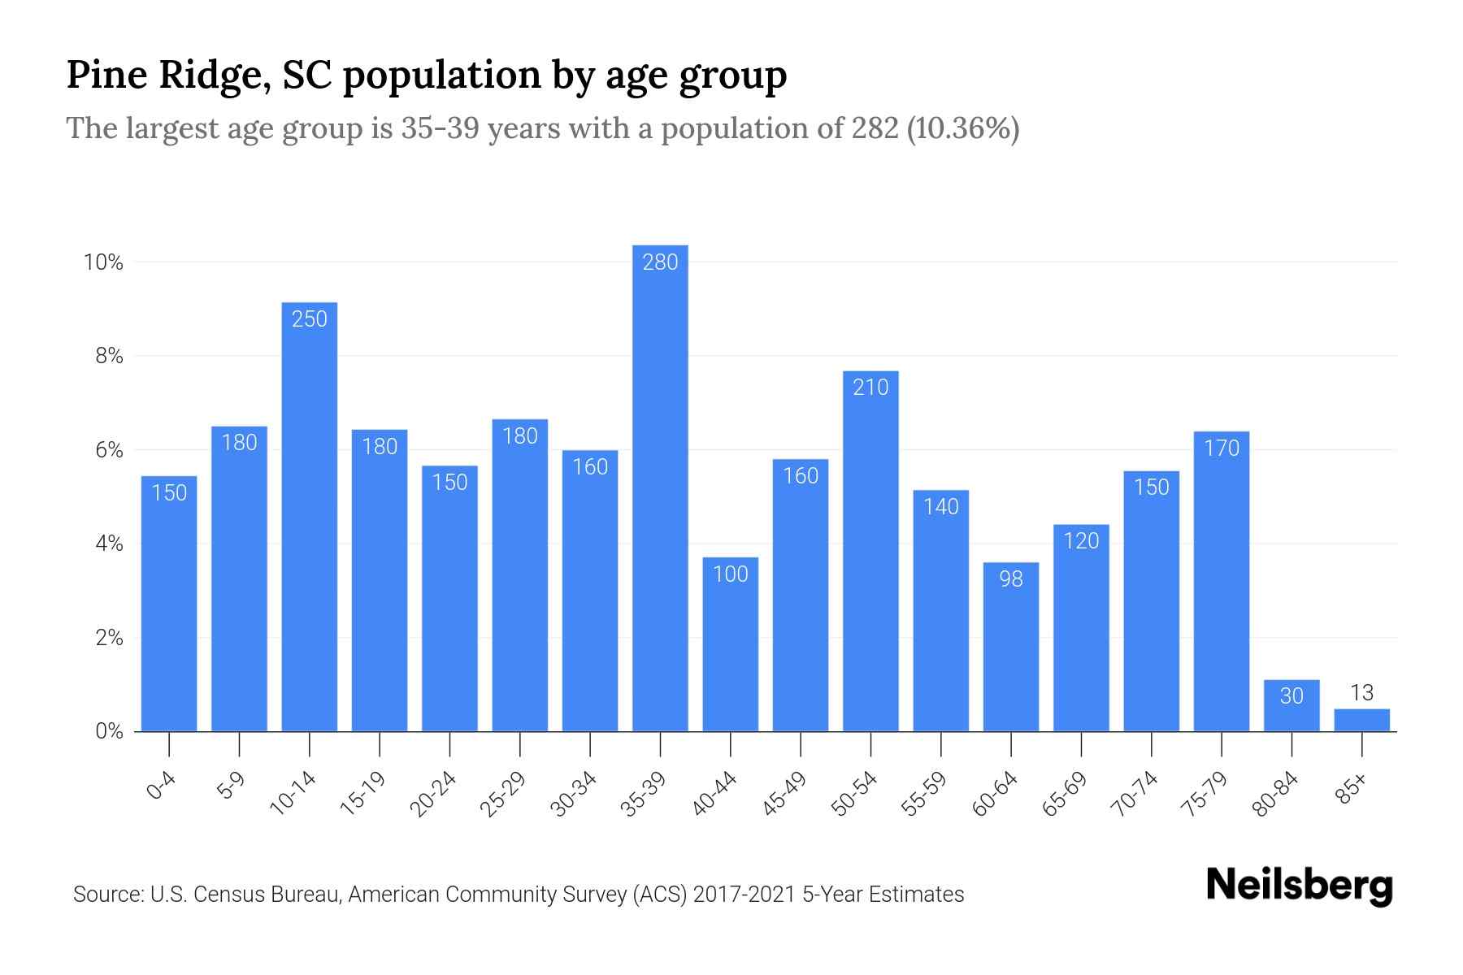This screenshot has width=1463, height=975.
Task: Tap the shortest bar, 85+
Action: pos(1361,721)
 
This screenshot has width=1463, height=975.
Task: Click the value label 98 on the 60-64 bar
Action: pos(1011,579)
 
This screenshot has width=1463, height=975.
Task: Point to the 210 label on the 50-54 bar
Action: pos(870,388)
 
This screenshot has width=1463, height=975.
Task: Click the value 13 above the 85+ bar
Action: pos(1361,693)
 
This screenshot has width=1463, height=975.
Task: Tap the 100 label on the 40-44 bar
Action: pos(730,574)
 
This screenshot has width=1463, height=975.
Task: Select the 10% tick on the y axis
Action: pos(103,262)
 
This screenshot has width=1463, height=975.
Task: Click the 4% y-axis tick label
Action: pos(109,544)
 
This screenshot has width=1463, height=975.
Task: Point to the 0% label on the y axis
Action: pos(109,731)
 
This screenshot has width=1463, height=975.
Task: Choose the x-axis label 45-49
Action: pos(785,794)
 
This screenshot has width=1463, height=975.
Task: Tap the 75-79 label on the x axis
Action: pos(1206,794)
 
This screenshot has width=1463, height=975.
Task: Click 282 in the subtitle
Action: pos(875,128)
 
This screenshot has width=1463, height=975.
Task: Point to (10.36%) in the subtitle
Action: pos(962,128)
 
